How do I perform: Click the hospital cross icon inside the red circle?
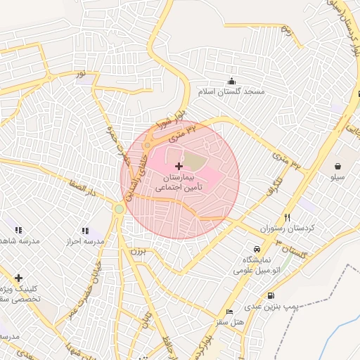point(179,167)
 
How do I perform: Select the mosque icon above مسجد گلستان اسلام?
point(231,81)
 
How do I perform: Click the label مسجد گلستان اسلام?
point(231,93)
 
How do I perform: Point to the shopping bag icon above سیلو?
point(339,167)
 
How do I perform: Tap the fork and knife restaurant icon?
point(287,217)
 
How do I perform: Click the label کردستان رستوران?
point(286,230)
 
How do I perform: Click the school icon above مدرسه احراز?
point(84,230)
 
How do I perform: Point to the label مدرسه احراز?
point(84,242)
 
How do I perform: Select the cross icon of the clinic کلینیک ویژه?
point(18,278)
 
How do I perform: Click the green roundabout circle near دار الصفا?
point(120,209)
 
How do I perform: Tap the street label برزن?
point(136,250)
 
